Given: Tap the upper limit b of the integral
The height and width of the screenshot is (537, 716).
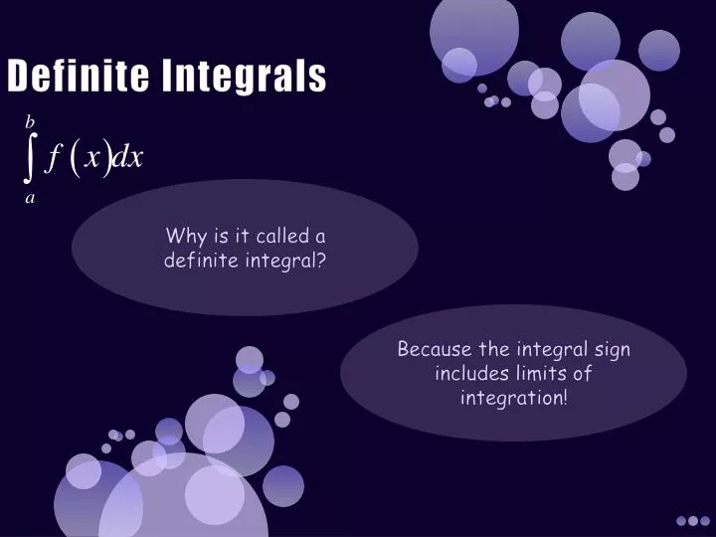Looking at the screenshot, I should (30, 122).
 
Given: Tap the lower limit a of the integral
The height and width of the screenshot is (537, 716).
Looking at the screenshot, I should (30, 198).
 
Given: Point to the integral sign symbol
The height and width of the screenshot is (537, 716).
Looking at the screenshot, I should (30, 158).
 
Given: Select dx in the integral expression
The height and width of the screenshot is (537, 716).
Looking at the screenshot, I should (128, 158).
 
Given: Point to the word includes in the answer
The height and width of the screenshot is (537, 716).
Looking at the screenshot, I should (470, 374).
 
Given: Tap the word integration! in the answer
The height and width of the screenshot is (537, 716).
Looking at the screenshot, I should (514, 398).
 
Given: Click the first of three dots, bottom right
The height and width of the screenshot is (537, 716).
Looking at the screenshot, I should (681, 520).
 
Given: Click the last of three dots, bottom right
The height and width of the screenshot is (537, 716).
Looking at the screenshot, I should (705, 520).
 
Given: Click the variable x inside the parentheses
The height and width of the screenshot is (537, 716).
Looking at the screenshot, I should (92, 158).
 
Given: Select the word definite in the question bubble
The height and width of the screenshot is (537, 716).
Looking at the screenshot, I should (204, 261).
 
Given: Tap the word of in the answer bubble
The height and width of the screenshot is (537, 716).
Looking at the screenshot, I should (583, 374).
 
